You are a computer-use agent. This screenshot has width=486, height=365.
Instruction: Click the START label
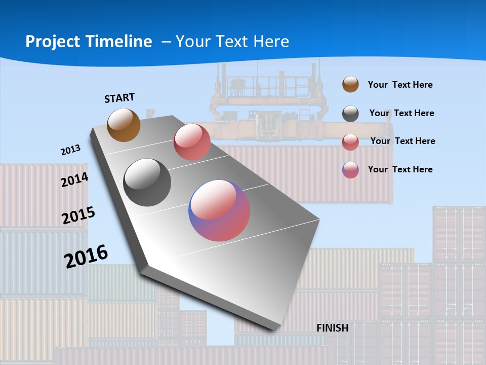[x=119, y=98]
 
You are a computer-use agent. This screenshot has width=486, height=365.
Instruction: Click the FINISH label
[x=333, y=328]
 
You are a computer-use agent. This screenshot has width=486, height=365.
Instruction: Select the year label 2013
[x=71, y=150]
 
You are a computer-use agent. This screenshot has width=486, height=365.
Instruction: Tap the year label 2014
[x=74, y=180]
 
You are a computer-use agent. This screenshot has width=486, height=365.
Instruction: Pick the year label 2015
[x=78, y=215]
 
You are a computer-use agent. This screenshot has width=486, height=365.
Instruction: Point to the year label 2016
[x=86, y=256]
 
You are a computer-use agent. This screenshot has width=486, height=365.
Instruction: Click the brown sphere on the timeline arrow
[x=124, y=125]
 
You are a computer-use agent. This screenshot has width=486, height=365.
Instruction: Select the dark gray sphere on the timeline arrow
[x=147, y=182]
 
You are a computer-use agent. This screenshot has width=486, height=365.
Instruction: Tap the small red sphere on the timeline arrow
[x=192, y=142]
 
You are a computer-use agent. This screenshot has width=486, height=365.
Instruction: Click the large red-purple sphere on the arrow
[x=219, y=210]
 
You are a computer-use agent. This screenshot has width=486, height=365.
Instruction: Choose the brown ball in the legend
[x=350, y=84]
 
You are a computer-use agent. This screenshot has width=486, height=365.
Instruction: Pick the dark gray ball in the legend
[x=350, y=114]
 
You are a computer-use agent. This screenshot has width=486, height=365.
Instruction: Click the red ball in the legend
[x=350, y=142]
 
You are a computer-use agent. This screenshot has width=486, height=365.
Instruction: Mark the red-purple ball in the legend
[x=350, y=170]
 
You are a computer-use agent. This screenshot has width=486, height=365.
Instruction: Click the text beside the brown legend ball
[x=400, y=85]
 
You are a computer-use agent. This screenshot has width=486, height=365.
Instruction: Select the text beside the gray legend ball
[x=401, y=113]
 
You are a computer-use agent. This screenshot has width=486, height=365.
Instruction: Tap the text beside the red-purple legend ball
[x=400, y=169]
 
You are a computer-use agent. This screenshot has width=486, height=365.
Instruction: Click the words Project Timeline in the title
[x=89, y=42]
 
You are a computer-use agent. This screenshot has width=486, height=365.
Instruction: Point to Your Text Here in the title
[x=232, y=42]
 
